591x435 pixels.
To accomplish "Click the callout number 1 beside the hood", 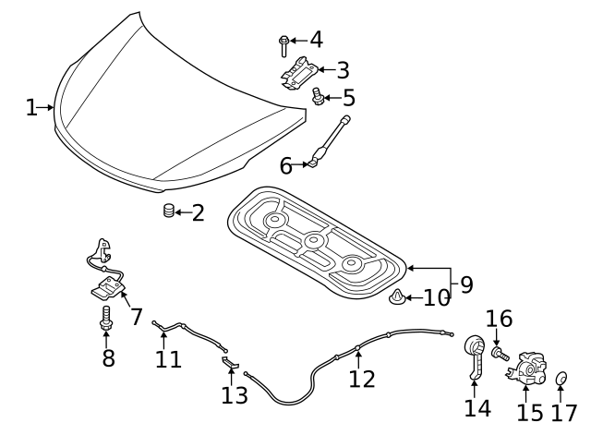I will tap(31, 108).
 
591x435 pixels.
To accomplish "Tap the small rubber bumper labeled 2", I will tap(169, 211).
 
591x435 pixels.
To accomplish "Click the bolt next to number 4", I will tap(284, 44).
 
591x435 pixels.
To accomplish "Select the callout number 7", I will tap(136, 317).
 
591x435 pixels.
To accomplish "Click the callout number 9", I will tap(465, 284).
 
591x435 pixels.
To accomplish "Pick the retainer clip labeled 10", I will tap(395, 298).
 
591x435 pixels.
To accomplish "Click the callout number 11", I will tap(168, 358).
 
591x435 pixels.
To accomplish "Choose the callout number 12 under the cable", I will tap(362, 378).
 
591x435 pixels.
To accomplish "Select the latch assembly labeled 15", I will tap(526, 367).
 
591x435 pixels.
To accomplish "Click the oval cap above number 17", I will tap(561, 379).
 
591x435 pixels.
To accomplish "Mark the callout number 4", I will tap(316, 40).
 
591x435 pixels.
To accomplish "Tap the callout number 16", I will tap(499, 320).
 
